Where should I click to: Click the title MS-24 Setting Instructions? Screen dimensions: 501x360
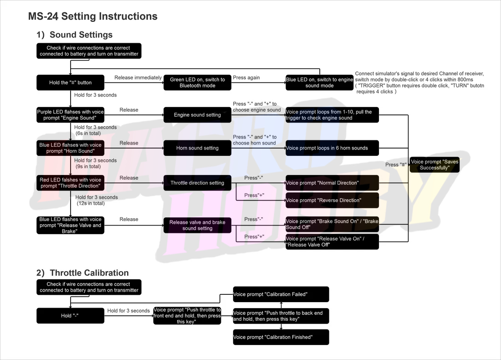tap(92, 16)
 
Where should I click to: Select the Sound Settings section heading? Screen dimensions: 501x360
tap(74, 35)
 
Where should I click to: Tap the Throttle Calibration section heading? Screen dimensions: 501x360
tap(82, 273)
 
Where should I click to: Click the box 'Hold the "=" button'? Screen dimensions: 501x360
tap(70, 82)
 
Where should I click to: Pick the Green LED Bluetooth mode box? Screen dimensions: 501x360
tap(198, 82)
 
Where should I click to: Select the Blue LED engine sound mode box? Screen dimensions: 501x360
tap(320, 82)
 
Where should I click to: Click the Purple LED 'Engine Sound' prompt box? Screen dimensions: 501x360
tap(70, 115)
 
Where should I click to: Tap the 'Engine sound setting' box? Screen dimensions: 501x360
tap(198, 115)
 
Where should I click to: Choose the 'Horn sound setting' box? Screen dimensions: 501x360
tap(198, 148)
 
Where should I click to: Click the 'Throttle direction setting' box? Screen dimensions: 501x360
tap(198, 183)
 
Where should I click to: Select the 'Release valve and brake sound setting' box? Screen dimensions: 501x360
tap(198, 225)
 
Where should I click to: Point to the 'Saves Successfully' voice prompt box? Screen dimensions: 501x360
tap(435, 165)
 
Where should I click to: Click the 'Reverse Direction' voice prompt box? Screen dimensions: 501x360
tap(332, 201)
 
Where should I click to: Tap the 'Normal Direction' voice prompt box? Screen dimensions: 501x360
tap(332, 183)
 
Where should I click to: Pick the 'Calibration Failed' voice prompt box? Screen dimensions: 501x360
tap(281, 294)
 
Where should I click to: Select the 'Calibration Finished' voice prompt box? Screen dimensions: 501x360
tap(281, 337)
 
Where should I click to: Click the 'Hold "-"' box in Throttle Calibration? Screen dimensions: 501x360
tap(70, 315)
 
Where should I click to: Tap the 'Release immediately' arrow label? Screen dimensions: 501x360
tap(138, 77)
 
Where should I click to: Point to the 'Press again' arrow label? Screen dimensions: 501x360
tap(246, 77)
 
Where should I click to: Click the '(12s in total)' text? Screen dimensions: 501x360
tap(91, 203)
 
